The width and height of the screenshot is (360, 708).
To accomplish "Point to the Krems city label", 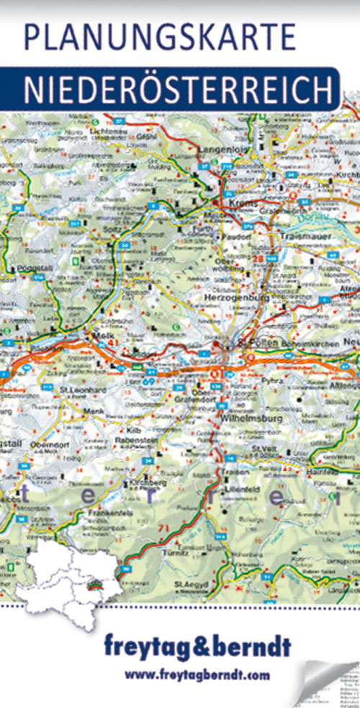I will coord(244,204).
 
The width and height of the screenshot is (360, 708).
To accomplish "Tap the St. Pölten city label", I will coord(251,344).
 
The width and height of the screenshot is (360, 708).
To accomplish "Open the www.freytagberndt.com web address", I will coord(197,675).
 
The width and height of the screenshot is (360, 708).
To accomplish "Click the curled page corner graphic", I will coord(328,684).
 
